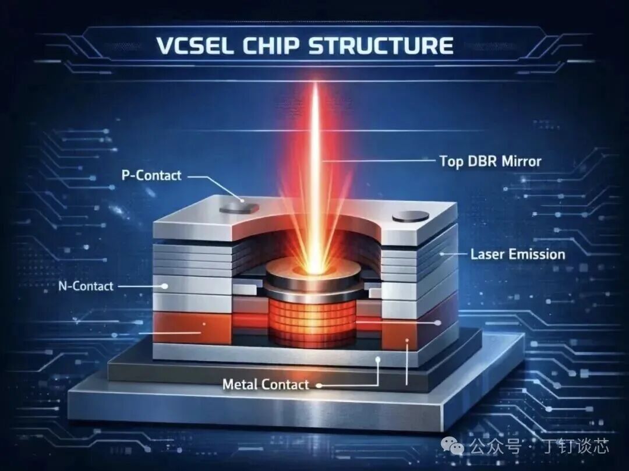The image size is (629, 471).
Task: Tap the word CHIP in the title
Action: pos(271,45)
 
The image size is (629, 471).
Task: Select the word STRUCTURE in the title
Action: pos(381,45)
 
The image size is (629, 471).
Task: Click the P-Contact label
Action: pos(151,175)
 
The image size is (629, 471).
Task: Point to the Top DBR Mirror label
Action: pos(490,161)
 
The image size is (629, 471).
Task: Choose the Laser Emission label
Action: pos(518,254)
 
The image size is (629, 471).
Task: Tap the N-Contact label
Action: pos(86,286)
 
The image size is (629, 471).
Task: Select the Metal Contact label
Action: pos(266,384)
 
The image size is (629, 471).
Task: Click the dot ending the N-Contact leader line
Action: pos(164,286)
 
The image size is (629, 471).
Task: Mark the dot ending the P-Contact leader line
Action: pos(242,200)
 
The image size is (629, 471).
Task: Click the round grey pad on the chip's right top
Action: pos(411,217)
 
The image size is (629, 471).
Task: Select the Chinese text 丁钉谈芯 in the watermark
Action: pos(576,446)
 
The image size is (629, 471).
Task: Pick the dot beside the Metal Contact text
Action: pos(319,385)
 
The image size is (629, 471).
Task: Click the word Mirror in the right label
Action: pos(521,161)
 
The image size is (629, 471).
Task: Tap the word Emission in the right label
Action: pos(536,254)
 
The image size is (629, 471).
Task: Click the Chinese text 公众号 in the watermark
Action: pos(496,446)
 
